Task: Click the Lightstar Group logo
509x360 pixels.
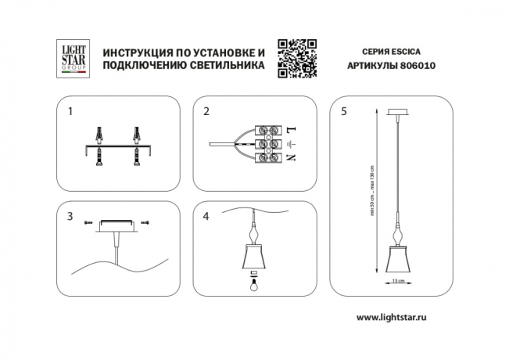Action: pyautogui.click(x=73, y=59)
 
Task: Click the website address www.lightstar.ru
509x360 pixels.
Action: pyautogui.click(x=396, y=317)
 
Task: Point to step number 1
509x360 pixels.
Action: pyautogui.click(x=70, y=111)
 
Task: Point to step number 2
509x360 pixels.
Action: pyautogui.click(x=206, y=111)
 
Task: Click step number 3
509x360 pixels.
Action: pyautogui.click(x=70, y=215)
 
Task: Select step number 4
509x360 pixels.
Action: pyautogui.click(x=206, y=215)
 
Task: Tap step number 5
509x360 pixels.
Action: pyautogui.click(x=344, y=111)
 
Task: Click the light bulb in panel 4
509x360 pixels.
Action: pyautogui.click(x=253, y=286)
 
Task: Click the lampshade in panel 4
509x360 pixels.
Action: pyautogui.click(x=253, y=259)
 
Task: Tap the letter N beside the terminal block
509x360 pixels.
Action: pyautogui.click(x=291, y=158)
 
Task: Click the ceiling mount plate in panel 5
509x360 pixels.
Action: pyautogui.click(x=398, y=112)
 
